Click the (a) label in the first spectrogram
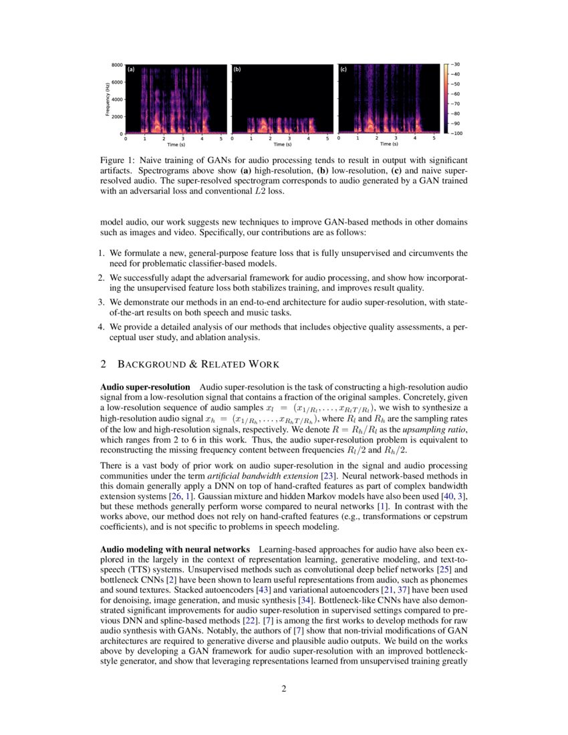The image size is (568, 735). point(131,69)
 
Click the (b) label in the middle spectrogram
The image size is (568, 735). point(237,69)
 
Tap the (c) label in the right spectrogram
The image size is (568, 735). point(343,69)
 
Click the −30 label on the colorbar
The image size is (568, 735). point(456,65)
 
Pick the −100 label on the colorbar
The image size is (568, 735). point(458,134)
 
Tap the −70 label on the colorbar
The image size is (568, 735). point(456,104)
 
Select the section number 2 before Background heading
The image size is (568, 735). point(103,364)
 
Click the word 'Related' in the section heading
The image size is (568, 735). point(226,364)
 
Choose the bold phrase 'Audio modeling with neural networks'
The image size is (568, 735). point(175,549)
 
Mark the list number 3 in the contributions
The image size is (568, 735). point(102,302)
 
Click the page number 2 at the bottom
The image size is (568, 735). point(283,690)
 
